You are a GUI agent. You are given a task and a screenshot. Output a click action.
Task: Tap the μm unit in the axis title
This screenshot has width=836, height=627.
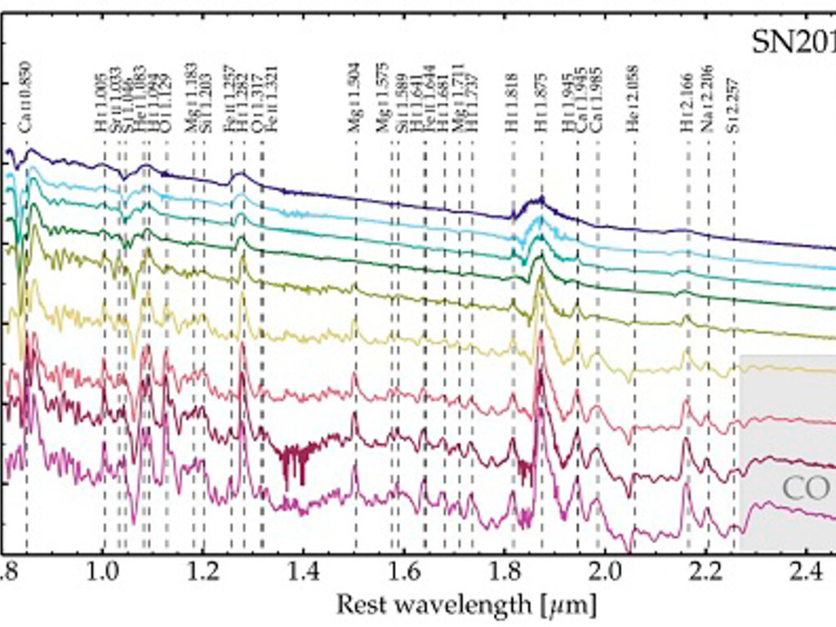[x=571, y=606]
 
